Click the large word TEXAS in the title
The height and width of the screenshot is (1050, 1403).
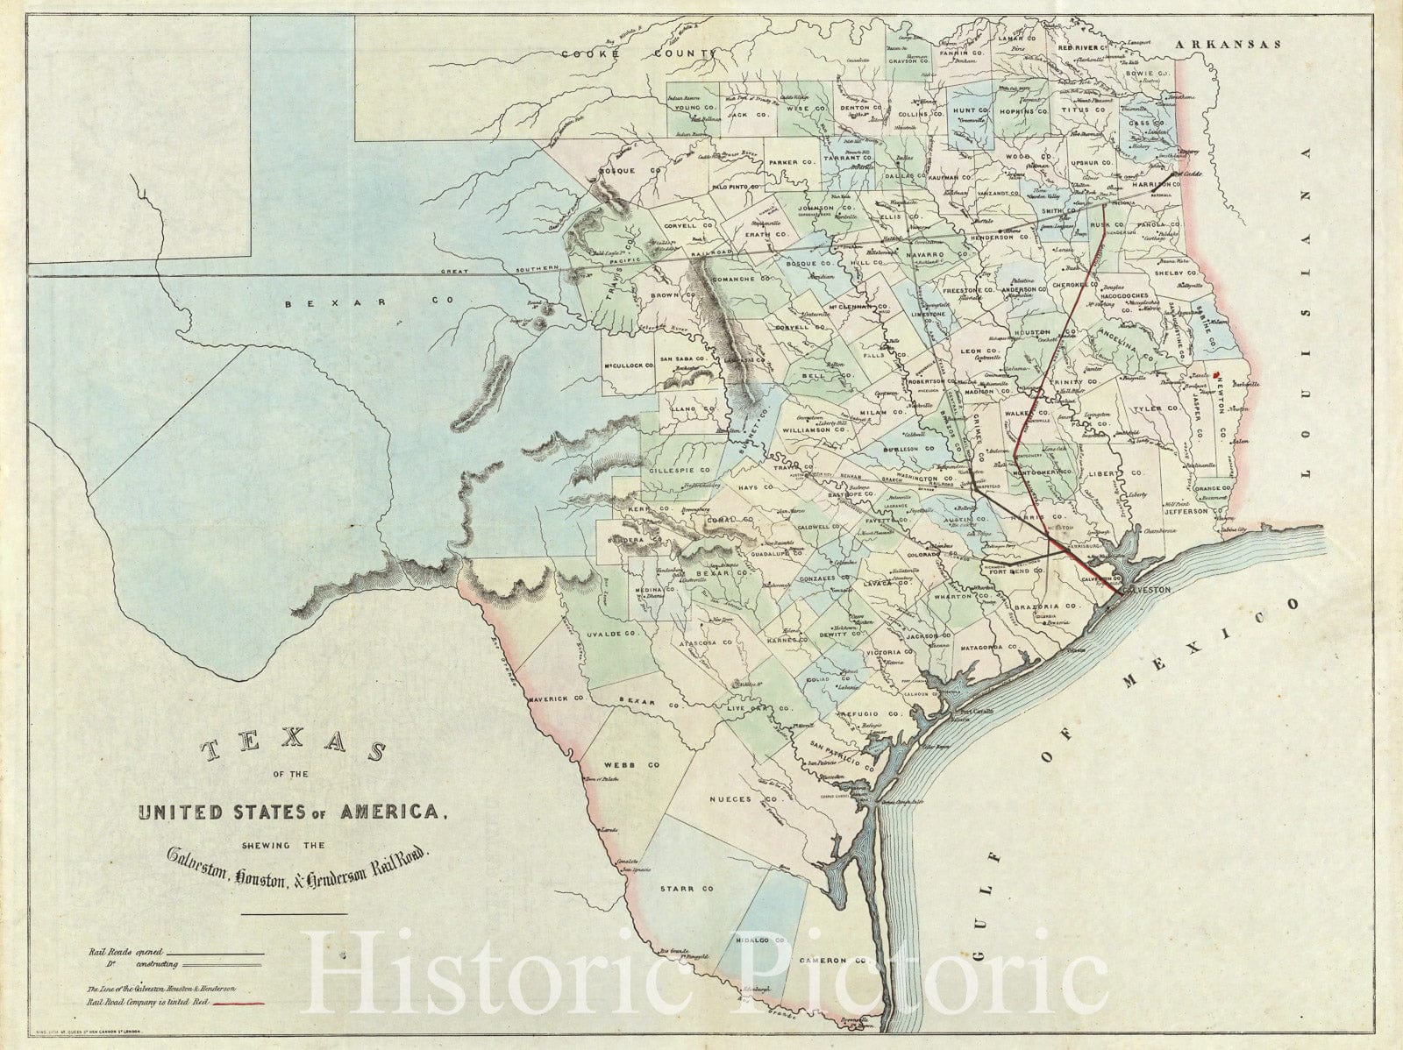(x=293, y=752)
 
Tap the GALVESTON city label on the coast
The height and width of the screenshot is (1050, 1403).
(x=1145, y=590)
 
